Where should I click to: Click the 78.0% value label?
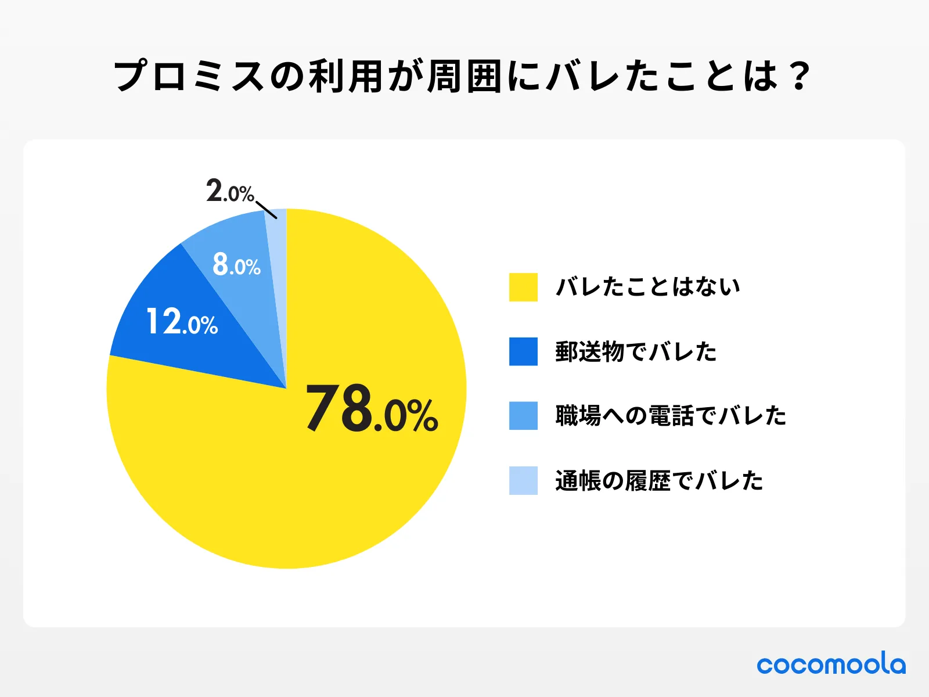tap(372, 409)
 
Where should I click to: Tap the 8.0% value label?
tap(236, 264)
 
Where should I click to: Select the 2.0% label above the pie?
tap(230, 191)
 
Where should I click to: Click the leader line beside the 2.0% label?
tap(267, 210)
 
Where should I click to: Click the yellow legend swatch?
tap(523, 287)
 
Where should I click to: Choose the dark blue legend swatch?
tap(523, 351)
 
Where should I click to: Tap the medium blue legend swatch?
tap(523, 416)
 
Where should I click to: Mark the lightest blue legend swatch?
tap(523, 480)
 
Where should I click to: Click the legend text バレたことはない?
tap(648, 287)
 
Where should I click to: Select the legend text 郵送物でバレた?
tap(636, 352)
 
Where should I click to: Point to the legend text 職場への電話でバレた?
tap(671, 416)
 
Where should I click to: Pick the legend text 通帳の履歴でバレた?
tap(659, 481)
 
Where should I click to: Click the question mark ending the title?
tap(800, 76)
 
